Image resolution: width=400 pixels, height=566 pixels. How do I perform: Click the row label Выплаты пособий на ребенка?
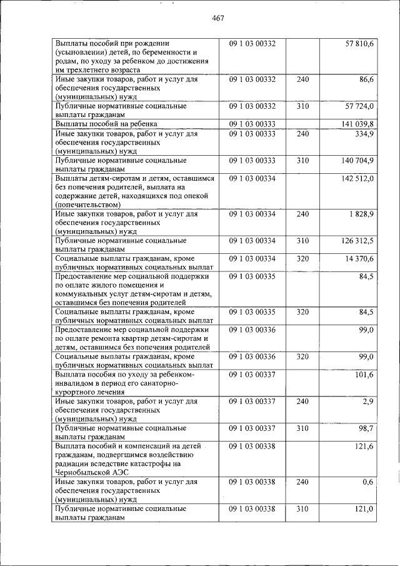click(106, 124)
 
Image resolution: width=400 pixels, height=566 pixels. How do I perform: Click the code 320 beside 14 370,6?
click(302, 259)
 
